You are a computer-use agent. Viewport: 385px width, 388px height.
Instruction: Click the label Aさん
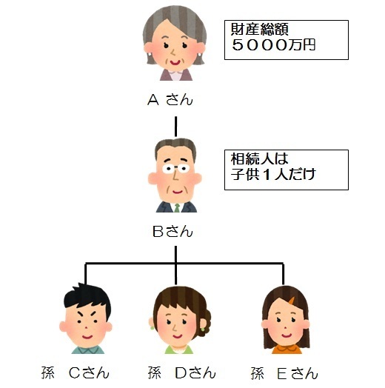click(170, 100)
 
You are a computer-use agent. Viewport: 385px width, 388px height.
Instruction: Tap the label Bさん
click(173, 232)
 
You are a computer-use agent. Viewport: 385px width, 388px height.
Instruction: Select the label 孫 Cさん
click(76, 373)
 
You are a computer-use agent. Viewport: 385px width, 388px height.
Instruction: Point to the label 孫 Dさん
click(182, 373)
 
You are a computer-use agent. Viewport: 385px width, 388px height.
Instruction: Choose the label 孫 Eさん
click(284, 373)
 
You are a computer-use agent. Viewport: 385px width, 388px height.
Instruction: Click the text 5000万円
click(273, 45)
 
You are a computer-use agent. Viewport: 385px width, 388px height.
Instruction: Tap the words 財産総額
click(260, 29)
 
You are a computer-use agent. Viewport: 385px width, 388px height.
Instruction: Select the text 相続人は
click(260, 158)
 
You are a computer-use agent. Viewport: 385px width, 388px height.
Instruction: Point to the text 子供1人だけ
click(273, 174)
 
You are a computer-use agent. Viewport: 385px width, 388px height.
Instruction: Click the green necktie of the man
click(177, 208)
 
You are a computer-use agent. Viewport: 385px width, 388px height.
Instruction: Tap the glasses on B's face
click(176, 169)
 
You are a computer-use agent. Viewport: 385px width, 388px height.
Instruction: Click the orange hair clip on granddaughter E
click(292, 301)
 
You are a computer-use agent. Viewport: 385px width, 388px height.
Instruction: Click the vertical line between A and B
click(175, 127)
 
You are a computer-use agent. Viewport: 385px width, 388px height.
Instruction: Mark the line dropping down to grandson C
click(86, 273)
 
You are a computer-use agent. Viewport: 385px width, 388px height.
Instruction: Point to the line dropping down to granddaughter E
click(283, 274)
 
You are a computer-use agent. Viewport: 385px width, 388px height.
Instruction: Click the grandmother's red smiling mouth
click(175, 62)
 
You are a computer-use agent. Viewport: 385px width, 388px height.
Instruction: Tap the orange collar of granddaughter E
click(287, 348)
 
